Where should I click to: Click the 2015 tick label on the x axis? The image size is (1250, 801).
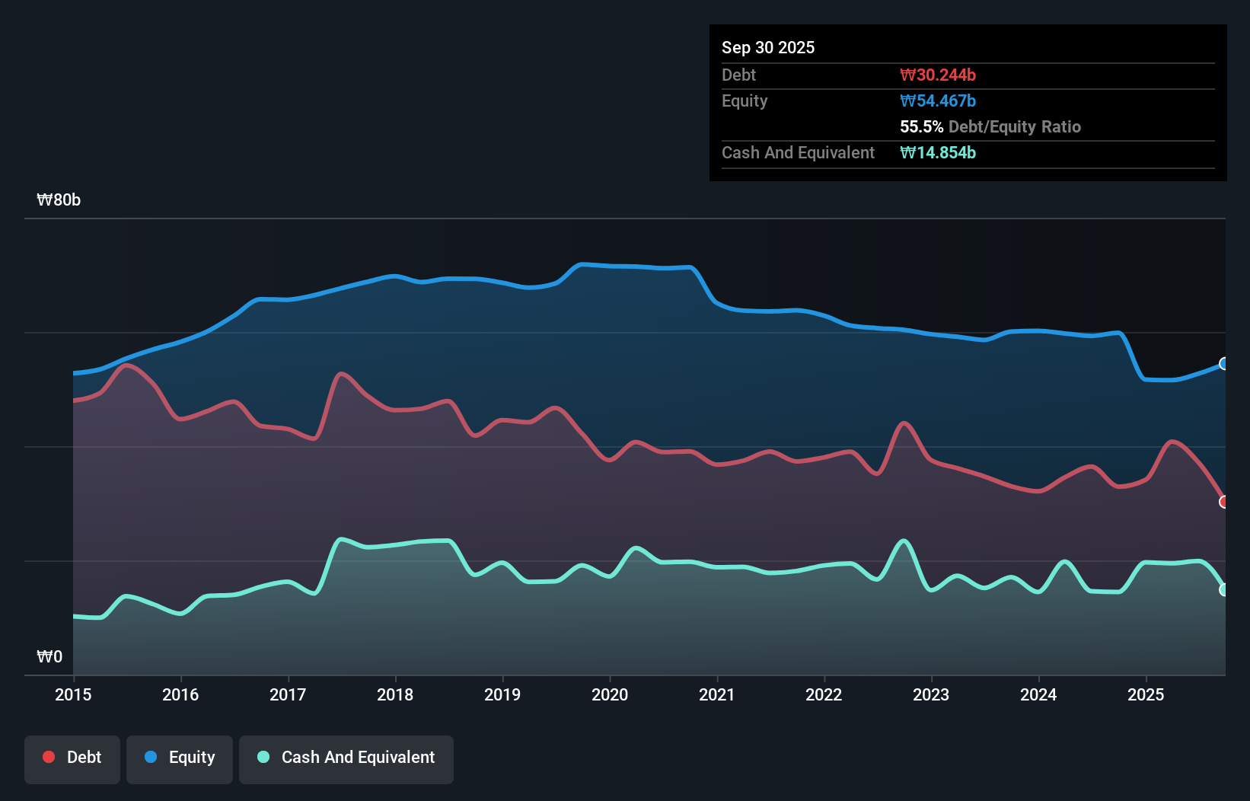[x=73, y=694]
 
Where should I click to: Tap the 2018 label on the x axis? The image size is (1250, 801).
[x=395, y=694]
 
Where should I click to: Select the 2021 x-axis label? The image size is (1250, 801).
[x=716, y=694]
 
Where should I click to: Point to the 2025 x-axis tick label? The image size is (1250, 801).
[x=1146, y=694]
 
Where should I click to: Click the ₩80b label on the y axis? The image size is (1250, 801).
[x=59, y=200]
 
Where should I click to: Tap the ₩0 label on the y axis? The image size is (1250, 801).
[x=49, y=656]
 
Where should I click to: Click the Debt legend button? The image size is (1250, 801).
[x=72, y=758]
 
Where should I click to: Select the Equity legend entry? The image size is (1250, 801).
[x=180, y=758]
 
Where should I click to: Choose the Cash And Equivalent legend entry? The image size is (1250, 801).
[x=346, y=758]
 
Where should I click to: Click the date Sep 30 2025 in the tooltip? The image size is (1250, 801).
[x=767, y=47]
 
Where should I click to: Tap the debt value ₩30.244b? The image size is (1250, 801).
[x=937, y=75]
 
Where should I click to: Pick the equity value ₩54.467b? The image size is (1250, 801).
[x=937, y=101]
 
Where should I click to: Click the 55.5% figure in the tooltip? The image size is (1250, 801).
[x=921, y=126]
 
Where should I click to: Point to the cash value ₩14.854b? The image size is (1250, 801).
[x=937, y=152]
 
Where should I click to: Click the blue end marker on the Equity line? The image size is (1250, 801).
[x=1223, y=364]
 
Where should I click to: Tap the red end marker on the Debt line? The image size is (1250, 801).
[x=1223, y=502]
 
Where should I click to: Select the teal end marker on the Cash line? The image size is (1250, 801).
[x=1223, y=589]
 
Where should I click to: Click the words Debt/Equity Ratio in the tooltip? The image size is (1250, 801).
[x=1014, y=126]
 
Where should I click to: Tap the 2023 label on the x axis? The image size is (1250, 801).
[x=931, y=694]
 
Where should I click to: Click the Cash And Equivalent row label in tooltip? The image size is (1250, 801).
[x=798, y=152]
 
